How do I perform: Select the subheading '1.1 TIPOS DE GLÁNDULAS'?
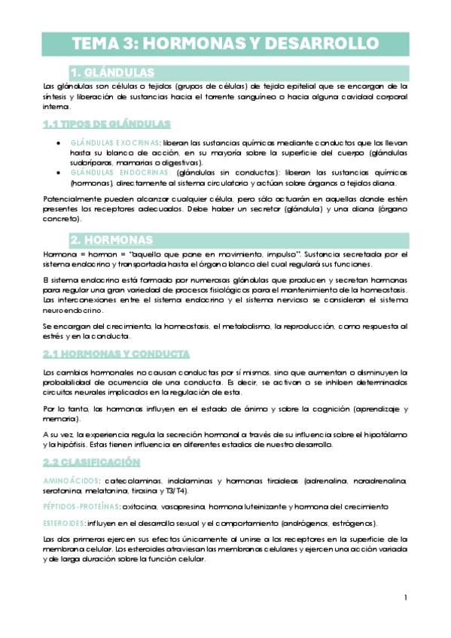click(106, 123)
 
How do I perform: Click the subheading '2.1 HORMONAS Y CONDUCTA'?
click(116, 354)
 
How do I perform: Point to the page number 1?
click(405, 598)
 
